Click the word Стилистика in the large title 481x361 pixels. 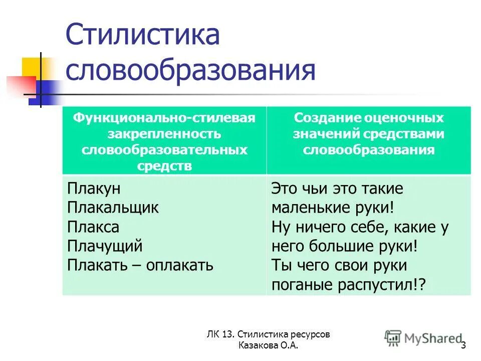coord(143,37)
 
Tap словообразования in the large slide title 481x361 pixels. coord(190,70)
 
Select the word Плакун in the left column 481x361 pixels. coord(94,189)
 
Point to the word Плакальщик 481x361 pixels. coord(113,208)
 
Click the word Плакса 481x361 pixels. coord(93,227)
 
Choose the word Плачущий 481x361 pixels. coord(105,246)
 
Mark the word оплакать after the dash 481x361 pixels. coord(180,265)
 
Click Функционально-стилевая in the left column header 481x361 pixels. coord(164,118)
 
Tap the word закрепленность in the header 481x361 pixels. coord(164,134)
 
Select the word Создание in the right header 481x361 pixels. coord(321,118)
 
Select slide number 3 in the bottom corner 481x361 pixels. coord(463,345)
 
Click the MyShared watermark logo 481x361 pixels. coord(424,338)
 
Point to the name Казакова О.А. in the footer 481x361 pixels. coord(270,345)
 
